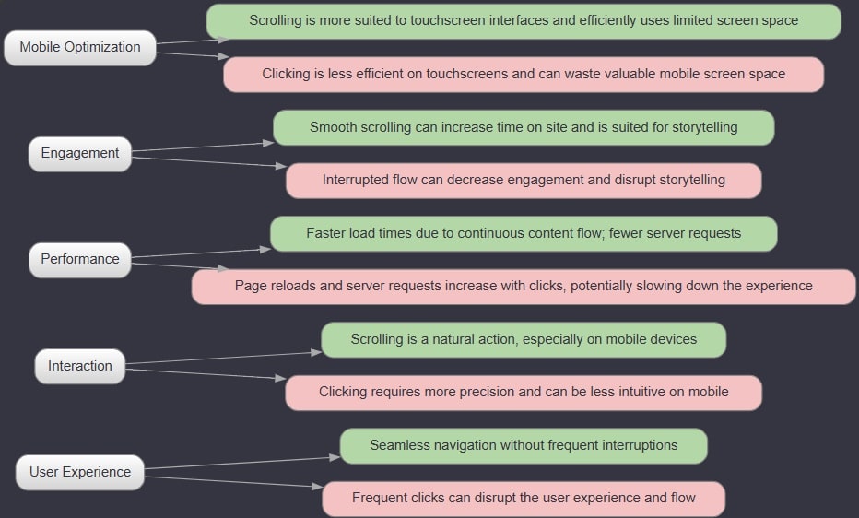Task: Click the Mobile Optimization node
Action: (80, 48)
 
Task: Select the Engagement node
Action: (80, 154)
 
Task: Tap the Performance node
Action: (80, 260)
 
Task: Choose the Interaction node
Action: (80, 366)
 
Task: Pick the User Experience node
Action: (80, 472)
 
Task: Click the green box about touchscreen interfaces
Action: (524, 21)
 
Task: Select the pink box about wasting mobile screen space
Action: (524, 75)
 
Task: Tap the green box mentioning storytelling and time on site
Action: (524, 127)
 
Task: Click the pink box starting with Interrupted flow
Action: (524, 180)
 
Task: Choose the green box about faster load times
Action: (524, 234)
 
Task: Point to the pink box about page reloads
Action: (524, 287)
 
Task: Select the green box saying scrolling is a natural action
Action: (524, 339)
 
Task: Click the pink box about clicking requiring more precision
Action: (524, 393)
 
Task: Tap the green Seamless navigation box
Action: (524, 446)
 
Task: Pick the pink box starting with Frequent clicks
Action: (524, 499)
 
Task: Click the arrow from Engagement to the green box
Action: (203, 147)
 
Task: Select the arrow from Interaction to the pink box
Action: (206, 373)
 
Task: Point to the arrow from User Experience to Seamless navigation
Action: (242, 463)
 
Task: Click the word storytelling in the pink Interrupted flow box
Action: (692, 180)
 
